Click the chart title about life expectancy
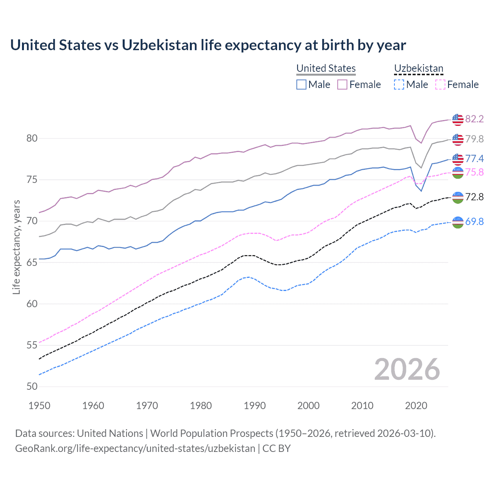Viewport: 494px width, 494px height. (208, 45)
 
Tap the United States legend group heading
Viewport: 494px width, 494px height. (326, 68)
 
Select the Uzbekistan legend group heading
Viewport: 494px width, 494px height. (418, 68)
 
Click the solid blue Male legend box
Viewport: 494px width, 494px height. (301, 85)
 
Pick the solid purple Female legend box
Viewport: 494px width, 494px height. (342, 85)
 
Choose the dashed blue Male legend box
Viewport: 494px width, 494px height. (399, 85)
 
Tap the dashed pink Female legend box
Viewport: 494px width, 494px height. (440, 85)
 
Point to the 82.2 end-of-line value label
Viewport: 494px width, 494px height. (474, 119)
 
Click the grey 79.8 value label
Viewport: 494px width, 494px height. (474, 139)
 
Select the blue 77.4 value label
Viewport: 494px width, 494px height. (474, 159)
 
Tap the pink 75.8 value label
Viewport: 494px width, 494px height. (474, 172)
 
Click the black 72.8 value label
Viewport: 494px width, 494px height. (474, 197)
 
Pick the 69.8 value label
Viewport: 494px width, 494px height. (474, 222)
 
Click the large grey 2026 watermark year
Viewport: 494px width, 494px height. (407, 369)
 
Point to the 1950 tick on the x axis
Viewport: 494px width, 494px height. (39, 406)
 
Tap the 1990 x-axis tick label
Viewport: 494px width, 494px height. (255, 406)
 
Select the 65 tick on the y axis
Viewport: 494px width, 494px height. (32, 262)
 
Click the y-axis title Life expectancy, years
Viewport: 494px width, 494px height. (17, 247)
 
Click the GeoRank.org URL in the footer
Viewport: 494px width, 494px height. (135, 448)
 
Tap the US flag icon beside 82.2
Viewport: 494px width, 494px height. (457, 120)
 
